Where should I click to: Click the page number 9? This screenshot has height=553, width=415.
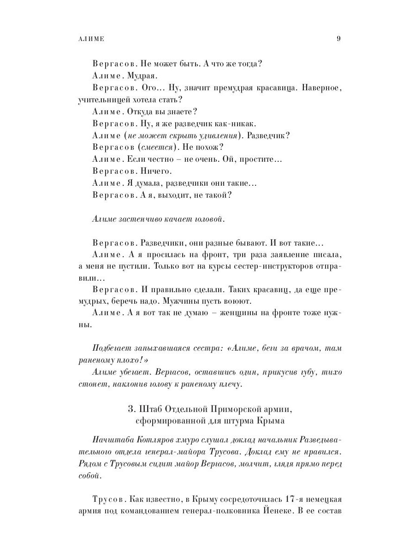coord(338,39)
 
